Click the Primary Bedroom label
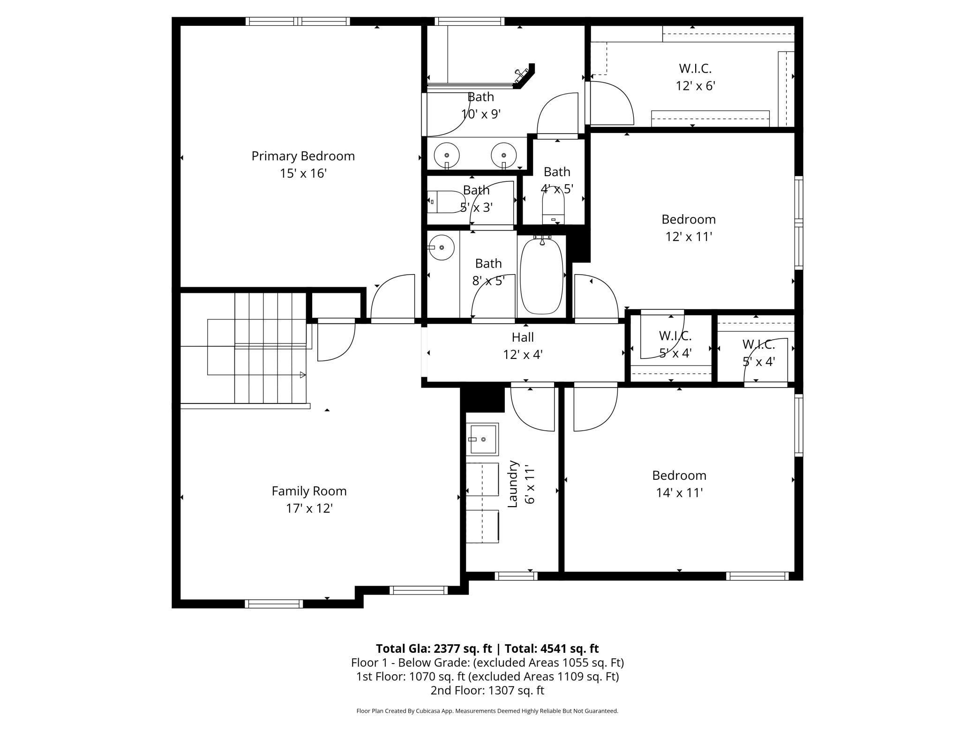point(303,156)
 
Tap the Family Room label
point(309,491)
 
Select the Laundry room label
point(513,484)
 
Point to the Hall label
point(523,337)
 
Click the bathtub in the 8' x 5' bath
point(541,276)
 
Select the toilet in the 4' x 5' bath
point(554,209)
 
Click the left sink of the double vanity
point(447,155)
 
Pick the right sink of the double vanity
point(504,155)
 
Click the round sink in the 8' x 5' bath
point(441,247)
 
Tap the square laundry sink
point(482,439)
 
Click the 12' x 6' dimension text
point(695,86)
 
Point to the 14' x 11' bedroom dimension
point(679,493)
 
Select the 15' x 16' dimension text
point(303,173)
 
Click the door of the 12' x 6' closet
point(612,103)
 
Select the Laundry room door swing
point(532,407)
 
